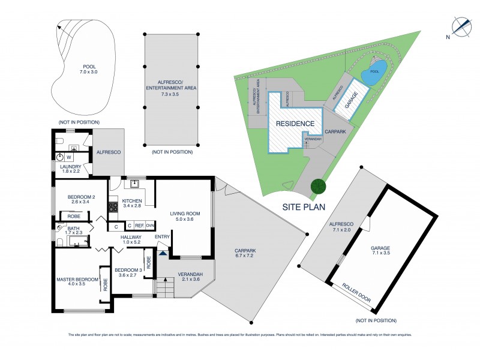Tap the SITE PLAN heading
pyautogui.click(x=305, y=206)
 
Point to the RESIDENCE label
pyautogui.click(x=295, y=124)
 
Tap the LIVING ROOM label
pyautogui.click(x=184, y=214)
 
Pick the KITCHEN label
pyautogui.click(x=132, y=200)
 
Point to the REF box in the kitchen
pyautogui.click(x=139, y=226)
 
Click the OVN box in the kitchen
pyautogui.click(x=151, y=226)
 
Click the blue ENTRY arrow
pyautogui.click(x=163, y=253)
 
